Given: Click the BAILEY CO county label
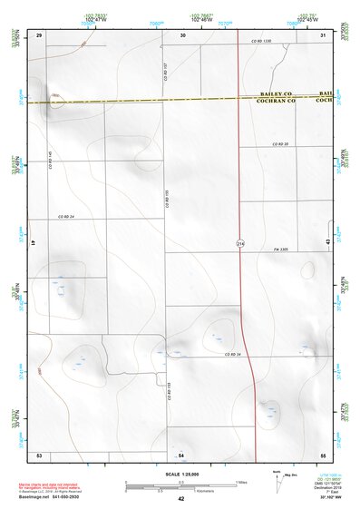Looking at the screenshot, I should coord(277,94).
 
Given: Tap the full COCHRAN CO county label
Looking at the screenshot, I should coord(279,102).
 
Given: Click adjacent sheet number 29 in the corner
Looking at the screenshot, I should coord(39,34).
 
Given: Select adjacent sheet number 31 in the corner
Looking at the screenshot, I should coord(323,34).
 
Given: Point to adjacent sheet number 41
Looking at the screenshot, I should coord(32,243).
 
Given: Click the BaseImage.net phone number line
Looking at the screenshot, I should coord(64,498).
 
